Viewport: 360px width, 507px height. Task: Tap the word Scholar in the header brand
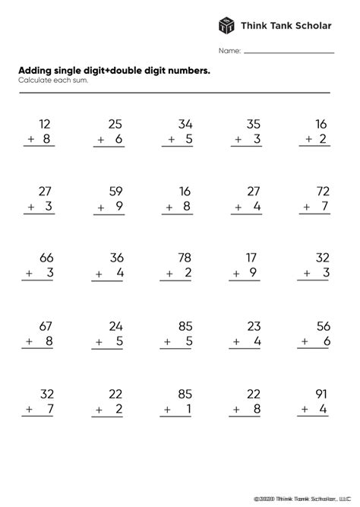pos(311,25)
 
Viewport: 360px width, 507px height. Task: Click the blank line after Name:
pos(289,52)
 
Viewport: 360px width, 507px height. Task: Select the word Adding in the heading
pos(36,70)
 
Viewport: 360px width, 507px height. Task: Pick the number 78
pos(185,258)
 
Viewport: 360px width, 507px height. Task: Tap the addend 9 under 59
pos(119,206)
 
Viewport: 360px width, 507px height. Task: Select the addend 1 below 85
pos(189,409)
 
